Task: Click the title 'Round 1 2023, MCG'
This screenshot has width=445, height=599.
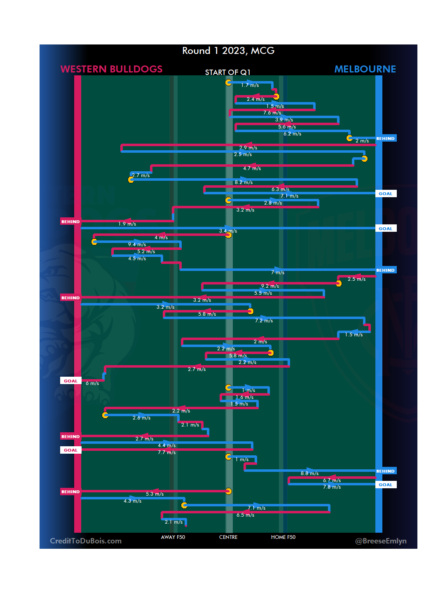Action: click(228, 51)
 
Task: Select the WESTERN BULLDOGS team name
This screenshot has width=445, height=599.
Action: click(111, 69)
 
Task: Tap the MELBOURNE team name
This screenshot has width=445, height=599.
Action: click(365, 69)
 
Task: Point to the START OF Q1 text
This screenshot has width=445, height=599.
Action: click(228, 72)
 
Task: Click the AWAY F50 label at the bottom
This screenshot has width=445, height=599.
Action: click(173, 537)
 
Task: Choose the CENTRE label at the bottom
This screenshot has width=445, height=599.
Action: click(228, 537)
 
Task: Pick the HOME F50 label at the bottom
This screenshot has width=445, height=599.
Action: click(283, 537)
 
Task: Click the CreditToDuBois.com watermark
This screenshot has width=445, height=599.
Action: click(86, 541)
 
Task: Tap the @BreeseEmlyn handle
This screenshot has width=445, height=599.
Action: click(381, 541)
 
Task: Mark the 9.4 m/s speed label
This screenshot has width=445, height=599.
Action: click(137, 245)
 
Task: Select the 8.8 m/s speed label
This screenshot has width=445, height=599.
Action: click(309, 473)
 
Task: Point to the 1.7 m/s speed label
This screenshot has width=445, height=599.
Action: click(250, 85)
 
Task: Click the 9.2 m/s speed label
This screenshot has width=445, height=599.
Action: click(270, 286)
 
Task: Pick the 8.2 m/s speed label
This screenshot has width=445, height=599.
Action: click(244, 182)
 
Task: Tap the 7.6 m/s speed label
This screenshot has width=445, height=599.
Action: click(272, 113)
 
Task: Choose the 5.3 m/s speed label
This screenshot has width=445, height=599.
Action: click(155, 494)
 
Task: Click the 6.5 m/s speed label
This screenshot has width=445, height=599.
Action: click(245, 515)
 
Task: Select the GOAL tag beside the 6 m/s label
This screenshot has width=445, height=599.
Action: click(70, 381)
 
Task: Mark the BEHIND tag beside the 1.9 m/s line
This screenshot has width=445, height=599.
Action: click(70, 221)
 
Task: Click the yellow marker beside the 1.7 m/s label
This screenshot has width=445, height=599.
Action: click(228, 82)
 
